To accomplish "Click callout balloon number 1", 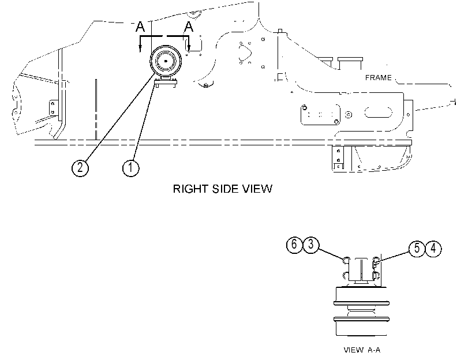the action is tap(131, 168).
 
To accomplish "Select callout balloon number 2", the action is tap(80, 168).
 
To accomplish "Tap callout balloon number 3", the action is tap(310, 245).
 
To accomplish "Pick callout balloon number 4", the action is tap(433, 248).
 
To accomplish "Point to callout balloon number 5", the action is tap(417, 248).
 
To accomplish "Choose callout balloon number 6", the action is tap(294, 245).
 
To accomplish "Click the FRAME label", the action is tap(378, 78).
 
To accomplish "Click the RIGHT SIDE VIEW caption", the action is tap(223, 189).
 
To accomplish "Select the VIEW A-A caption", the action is tap(362, 350).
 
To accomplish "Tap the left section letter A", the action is tap(140, 27).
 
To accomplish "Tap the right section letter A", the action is tap(189, 27).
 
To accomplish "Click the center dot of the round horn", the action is tap(166, 61).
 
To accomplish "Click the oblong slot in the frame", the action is tap(378, 112).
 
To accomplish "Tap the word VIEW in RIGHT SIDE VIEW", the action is tap(257, 189).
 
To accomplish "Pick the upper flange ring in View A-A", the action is tap(361, 303).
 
